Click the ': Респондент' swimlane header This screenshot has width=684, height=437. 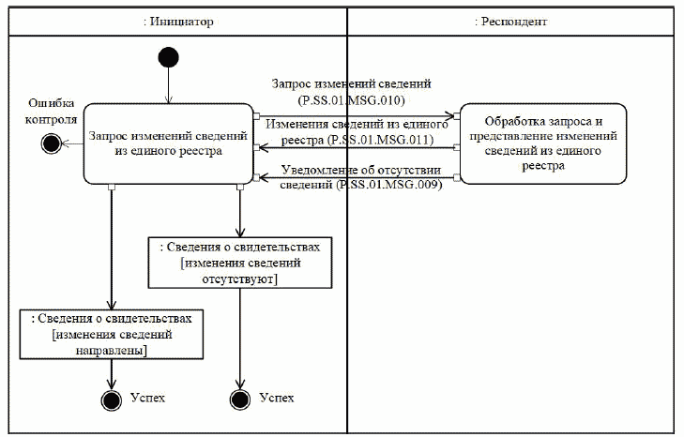[510, 21]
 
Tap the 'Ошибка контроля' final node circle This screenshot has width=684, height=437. [52, 143]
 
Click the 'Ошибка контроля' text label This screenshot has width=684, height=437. [51, 110]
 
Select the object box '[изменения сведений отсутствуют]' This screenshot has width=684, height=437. [241, 263]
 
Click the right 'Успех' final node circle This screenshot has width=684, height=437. [241, 399]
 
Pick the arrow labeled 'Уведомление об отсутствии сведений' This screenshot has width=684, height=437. [357, 177]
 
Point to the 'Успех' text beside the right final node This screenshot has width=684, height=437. [277, 399]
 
